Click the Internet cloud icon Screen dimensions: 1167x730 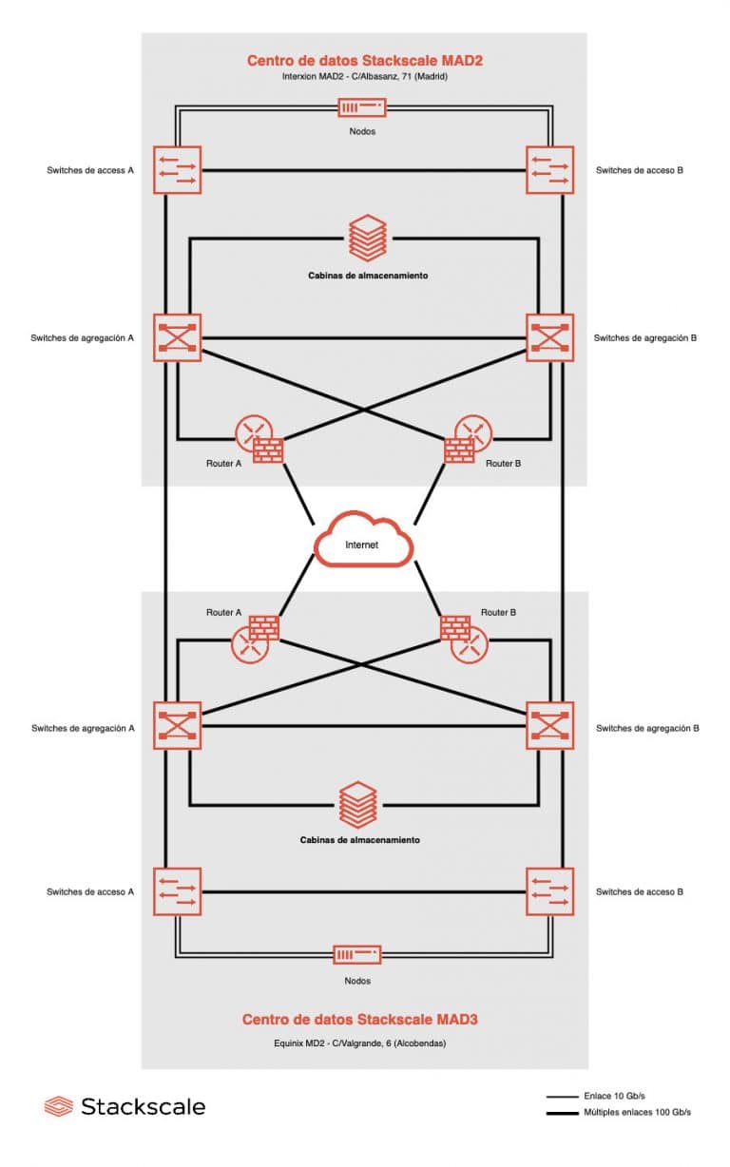[363, 543]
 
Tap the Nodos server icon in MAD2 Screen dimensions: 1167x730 [362, 108]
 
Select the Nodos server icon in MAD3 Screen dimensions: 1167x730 [356, 954]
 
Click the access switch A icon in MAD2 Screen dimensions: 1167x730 [177, 170]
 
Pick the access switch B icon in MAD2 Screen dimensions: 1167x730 [549, 170]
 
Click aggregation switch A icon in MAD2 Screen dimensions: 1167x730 [177, 337]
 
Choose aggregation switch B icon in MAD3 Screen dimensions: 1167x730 [549, 726]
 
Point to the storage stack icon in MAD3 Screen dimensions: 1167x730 [357, 803]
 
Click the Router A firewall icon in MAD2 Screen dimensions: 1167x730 [267, 449]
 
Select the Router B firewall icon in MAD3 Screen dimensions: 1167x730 [454, 628]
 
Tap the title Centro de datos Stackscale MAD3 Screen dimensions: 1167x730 [359, 1020]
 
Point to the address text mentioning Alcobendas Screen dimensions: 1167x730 [359, 1043]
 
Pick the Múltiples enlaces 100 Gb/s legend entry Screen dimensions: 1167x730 [618, 1112]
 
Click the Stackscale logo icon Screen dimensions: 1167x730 [58, 1106]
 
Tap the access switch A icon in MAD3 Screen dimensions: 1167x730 [177, 891]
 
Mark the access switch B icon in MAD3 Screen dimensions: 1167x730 [549, 891]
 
